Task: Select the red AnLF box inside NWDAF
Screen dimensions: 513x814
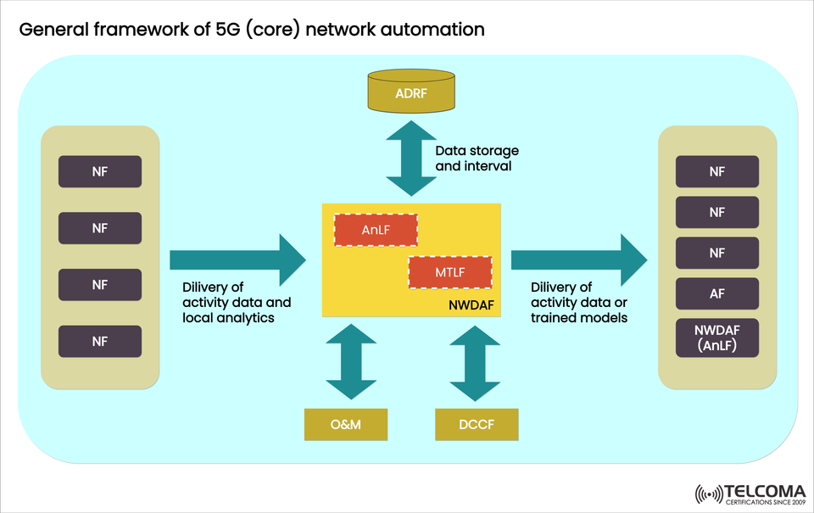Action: click(x=376, y=230)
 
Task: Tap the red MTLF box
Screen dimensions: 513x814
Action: click(x=450, y=272)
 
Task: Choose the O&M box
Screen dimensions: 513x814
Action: click(x=346, y=424)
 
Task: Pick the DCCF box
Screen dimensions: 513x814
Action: click(x=476, y=424)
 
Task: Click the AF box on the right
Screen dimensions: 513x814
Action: click(x=716, y=293)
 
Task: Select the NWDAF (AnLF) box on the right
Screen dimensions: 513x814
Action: click(x=716, y=337)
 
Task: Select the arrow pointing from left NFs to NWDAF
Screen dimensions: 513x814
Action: click(x=237, y=259)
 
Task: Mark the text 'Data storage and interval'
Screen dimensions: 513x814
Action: click(x=477, y=159)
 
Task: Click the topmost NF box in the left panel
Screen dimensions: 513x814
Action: click(x=100, y=171)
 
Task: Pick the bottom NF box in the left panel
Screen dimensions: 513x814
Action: click(x=100, y=341)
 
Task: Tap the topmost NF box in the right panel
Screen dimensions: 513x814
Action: click(x=716, y=171)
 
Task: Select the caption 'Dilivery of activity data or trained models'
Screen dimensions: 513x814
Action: click(x=579, y=303)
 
